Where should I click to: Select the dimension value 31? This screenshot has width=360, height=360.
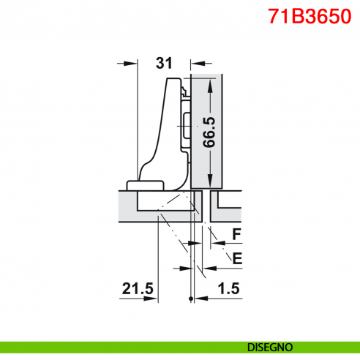coord(164,63)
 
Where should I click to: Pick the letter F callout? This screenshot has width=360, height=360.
coord(236,234)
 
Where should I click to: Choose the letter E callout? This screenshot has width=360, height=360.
coord(236,257)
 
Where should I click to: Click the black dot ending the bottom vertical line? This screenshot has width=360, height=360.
coord(191,299)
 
